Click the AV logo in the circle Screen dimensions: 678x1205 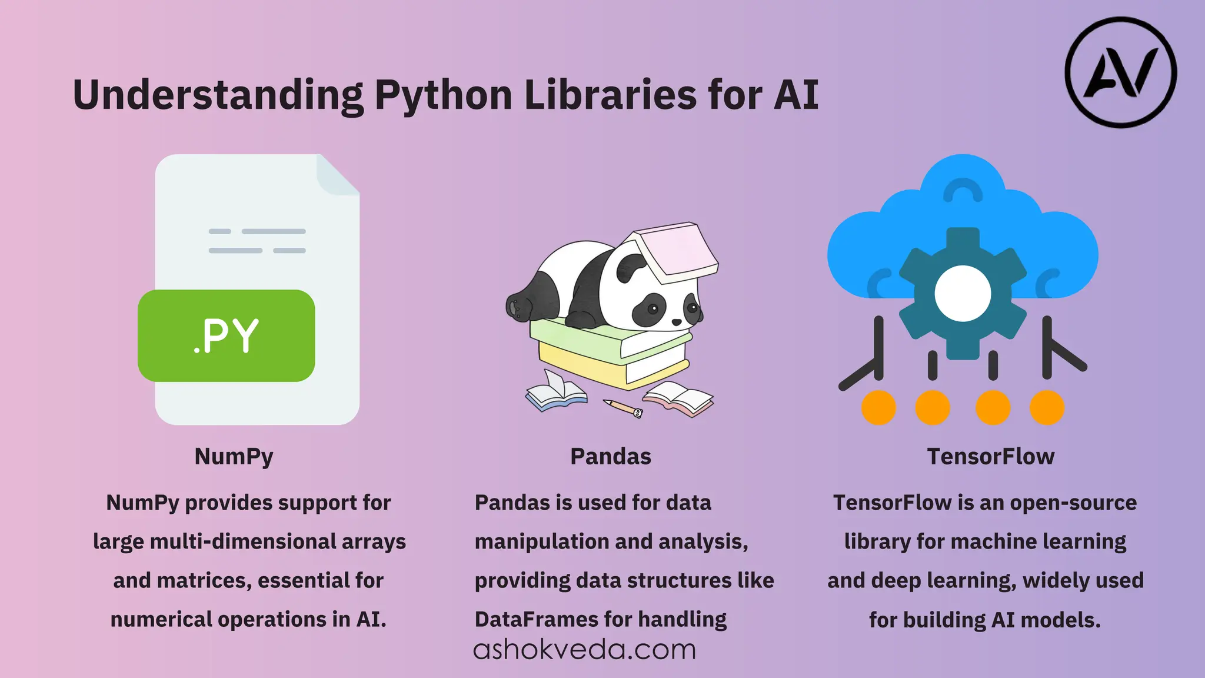coord(1120,72)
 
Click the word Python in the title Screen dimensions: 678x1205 coord(444,96)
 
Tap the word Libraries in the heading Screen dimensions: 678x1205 coord(610,95)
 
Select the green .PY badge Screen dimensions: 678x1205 coord(227,335)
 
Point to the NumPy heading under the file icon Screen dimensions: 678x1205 coord(234,457)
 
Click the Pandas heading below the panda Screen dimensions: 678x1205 coord(611,457)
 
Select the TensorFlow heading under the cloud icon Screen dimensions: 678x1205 coord(991,457)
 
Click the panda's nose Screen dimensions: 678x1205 coord(677,322)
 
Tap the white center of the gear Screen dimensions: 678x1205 coord(963,293)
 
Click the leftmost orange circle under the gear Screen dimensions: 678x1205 coord(878,407)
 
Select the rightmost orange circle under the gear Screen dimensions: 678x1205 coord(1047,407)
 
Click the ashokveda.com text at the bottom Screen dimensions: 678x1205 coord(584,650)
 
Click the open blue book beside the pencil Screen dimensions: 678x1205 coord(555,393)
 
